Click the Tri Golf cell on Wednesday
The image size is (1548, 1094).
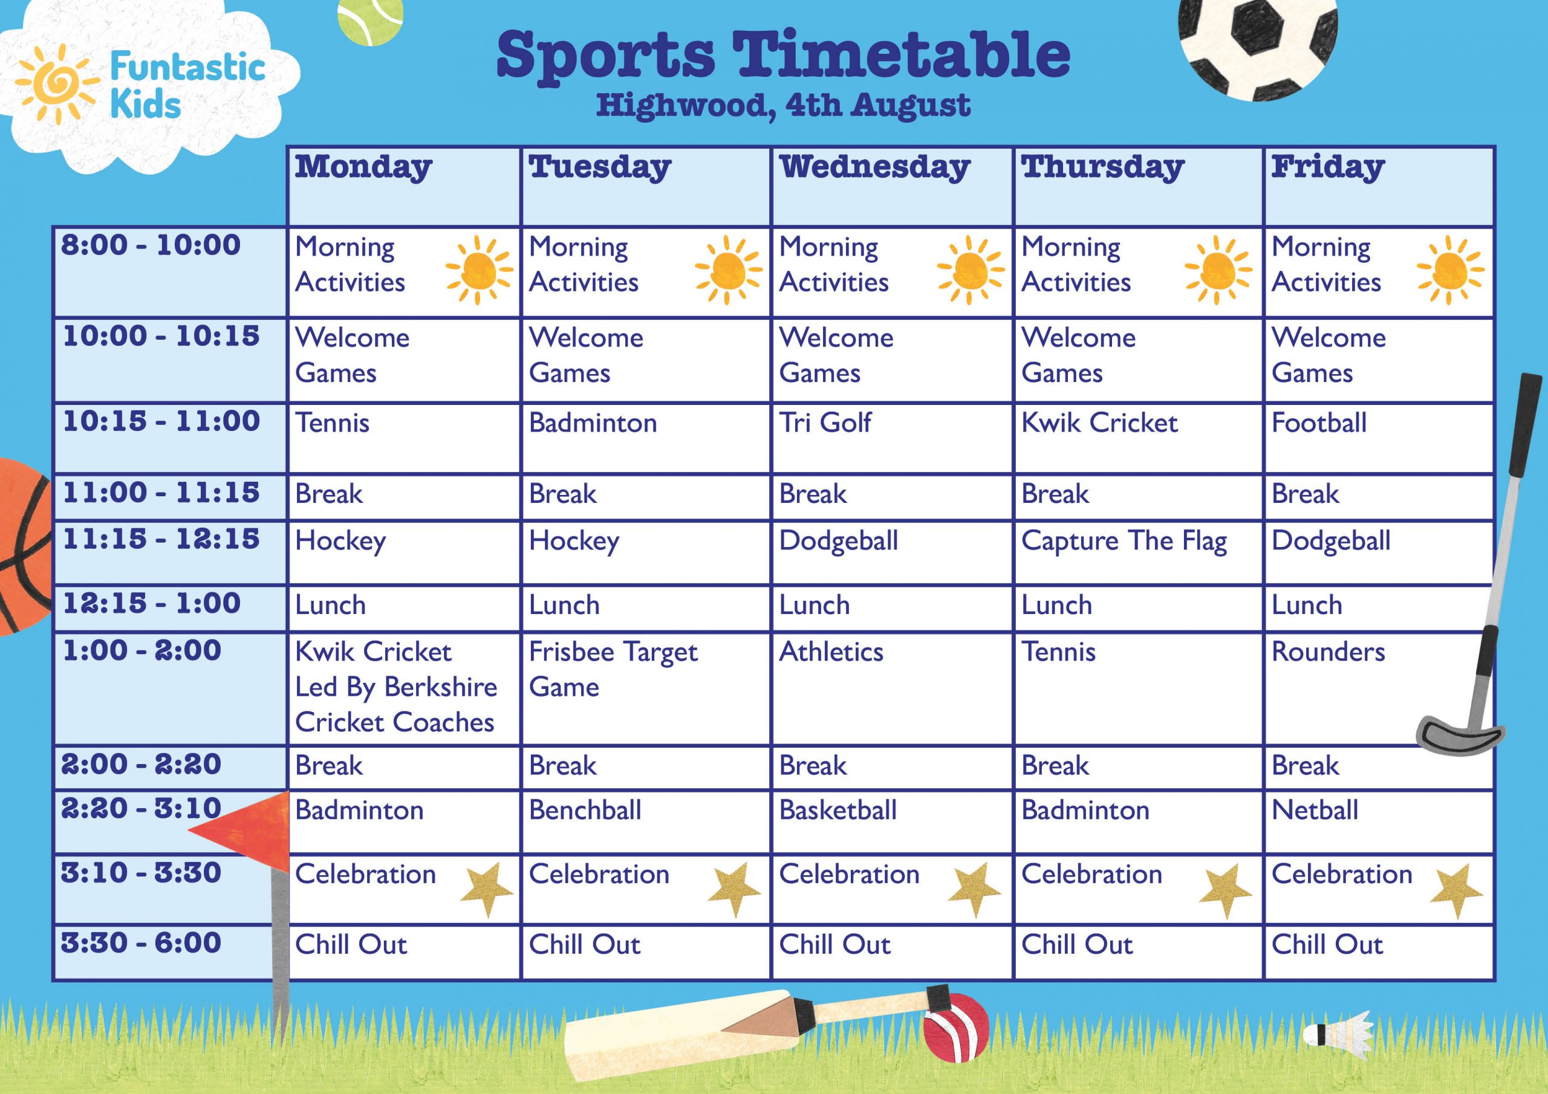pos(891,438)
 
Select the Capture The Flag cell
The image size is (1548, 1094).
pos(1137,551)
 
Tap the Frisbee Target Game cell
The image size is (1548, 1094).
pos(645,688)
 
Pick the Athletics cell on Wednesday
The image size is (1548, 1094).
pos(891,688)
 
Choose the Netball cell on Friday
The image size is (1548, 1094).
pos(1378,821)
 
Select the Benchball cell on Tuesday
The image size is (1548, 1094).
pos(645,821)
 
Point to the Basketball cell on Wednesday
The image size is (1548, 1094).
pos(891,821)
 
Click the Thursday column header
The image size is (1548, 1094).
pos(1137,186)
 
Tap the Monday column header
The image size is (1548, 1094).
pos(403,186)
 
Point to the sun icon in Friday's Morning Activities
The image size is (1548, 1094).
pos(1449,270)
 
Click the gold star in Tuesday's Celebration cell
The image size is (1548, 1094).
pos(734,889)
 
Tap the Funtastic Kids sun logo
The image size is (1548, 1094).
pos(57,83)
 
